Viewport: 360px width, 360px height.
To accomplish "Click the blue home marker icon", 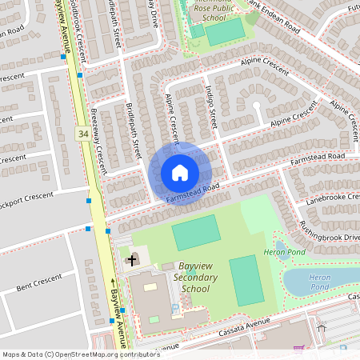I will pyautogui.click(x=180, y=173).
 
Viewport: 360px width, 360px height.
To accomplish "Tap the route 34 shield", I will pyautogui.click(x=83, y=134).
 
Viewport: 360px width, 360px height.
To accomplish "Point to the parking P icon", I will pyautogui.click(x=175, y=308).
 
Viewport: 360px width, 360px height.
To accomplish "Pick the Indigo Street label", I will pyautogui.click(x=211, y=104).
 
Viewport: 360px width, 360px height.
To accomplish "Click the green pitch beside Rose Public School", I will pyautogui.click(x=226, y=33).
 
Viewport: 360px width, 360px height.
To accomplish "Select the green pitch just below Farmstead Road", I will pyautogui.click(x=196, y=232).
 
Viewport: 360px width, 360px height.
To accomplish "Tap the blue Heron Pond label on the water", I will pyautogui.click(x=318, y=281).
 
